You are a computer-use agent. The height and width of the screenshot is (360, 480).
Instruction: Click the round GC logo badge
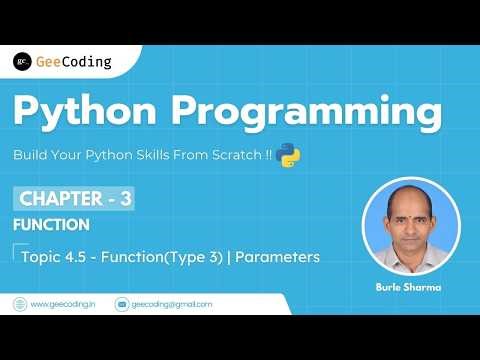(22, 62)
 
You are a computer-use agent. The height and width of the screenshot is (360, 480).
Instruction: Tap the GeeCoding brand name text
(73, 62)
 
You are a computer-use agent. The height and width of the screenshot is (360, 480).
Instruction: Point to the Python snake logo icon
(289, 155)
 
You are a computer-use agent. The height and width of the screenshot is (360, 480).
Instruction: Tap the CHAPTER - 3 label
(74, 198)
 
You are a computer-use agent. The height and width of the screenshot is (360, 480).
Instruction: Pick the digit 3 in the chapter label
(125, 198)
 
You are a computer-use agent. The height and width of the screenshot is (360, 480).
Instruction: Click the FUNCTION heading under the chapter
(51, 225)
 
